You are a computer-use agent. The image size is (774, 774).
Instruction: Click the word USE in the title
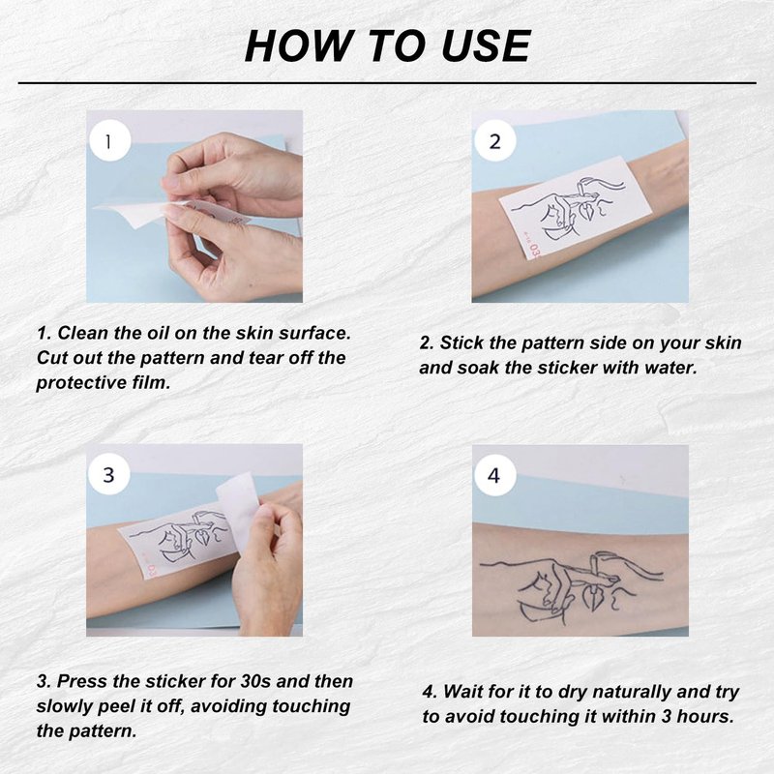486,45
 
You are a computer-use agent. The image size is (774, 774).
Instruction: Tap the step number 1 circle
109,141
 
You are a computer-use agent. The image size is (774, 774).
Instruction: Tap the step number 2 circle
495,141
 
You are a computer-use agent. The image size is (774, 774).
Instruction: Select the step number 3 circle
109,474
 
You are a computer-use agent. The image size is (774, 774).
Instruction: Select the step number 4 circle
495,475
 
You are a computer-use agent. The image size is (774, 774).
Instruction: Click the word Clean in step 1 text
83,333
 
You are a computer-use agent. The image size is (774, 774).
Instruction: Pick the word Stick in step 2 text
461,342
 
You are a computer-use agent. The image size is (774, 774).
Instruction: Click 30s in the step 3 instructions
255,681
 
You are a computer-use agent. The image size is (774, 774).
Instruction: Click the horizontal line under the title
387,83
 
